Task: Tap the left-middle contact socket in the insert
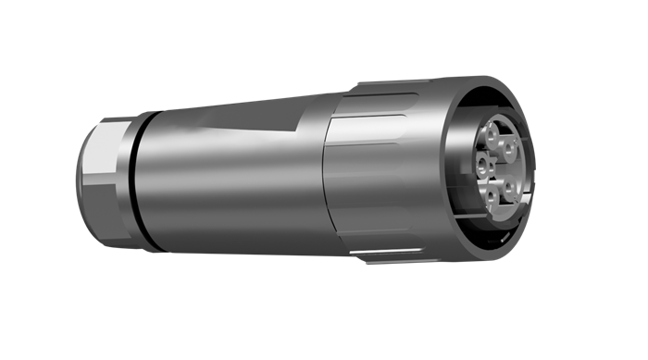click(x=482, y=166)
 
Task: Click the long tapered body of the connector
click(x=231, y=176)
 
